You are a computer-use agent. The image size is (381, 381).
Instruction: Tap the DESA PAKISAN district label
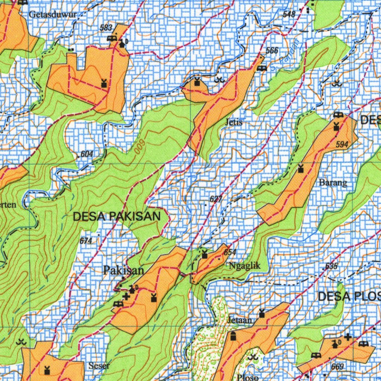point(117,217)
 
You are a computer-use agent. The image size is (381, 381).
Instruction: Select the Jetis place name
point(234,122)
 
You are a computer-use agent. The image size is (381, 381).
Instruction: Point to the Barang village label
point(333,183)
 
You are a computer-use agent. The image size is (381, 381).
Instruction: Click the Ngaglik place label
point(244,266)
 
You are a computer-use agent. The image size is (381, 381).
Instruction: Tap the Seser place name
point(99,366)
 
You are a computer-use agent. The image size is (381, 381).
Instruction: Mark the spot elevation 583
point(106,28)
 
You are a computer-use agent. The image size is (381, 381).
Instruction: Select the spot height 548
point(289,15)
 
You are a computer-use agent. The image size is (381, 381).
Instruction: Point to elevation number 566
point(272,51)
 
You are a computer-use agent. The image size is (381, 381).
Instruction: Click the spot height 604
point(86,154)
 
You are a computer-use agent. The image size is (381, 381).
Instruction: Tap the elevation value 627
point(216,199)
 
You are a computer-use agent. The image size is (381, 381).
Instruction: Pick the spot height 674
point(86,241)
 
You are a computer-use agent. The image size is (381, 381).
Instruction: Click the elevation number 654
point(230,252)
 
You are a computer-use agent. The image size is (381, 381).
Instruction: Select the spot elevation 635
point(331,266)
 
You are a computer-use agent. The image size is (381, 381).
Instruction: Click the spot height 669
point(337,367)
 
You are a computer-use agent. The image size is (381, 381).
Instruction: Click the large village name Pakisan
point(124,270)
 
